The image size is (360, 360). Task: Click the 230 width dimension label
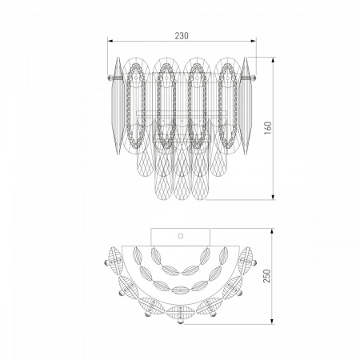[182, 35]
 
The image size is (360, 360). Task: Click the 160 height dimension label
[268, 128]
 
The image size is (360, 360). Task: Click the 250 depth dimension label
[266, 276]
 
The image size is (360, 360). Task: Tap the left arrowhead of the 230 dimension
[110, 41]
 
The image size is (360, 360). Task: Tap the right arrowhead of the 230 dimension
[254, 41]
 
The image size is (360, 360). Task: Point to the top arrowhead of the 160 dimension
[273, 60]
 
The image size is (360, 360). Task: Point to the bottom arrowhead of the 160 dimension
[273, 197]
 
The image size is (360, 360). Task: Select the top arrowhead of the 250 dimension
[272, 231]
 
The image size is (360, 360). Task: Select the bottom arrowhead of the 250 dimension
[272, 322]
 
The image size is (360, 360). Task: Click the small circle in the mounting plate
[181, 236]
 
